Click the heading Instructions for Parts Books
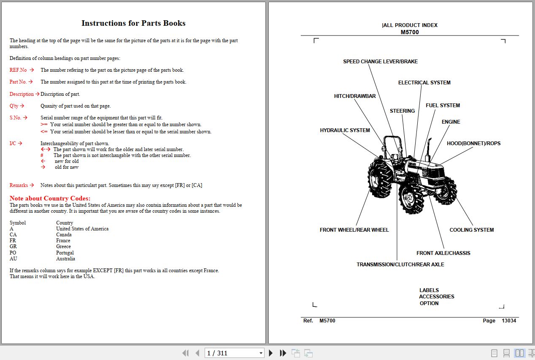coord(133,23)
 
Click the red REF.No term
coord(18,70)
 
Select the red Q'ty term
coord(14,106)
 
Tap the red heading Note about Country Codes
coord(50,198)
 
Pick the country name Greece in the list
coord(63,246)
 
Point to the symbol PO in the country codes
coord(13,253)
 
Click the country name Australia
coord(65,259)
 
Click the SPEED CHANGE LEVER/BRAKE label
coord(380,62)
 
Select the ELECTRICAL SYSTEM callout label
coord(424,83)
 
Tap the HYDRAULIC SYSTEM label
coord(345,130)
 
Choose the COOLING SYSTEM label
coord(471,230)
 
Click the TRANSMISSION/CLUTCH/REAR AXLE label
coord(400,265)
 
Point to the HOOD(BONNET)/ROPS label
coord(473,143)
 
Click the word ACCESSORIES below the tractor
coord(436,297)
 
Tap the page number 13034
coord(508,321)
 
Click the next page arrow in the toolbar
coord(271,353)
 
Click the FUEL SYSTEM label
coord(443,106)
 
